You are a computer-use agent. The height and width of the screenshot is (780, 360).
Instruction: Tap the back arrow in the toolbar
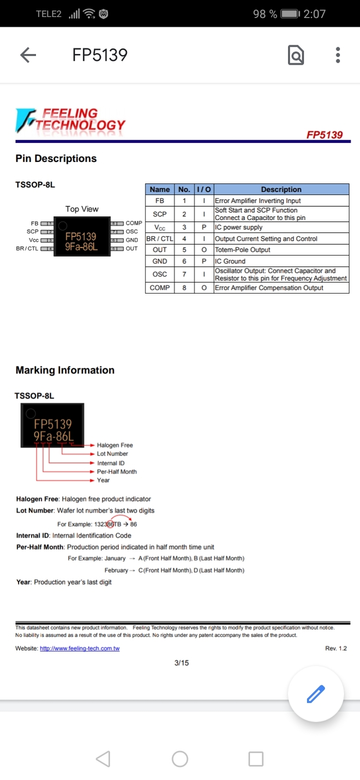28,55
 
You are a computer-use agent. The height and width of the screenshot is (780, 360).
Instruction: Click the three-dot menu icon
338,55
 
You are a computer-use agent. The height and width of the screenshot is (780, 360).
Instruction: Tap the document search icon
296,55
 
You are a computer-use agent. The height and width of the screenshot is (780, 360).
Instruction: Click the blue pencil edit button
315,694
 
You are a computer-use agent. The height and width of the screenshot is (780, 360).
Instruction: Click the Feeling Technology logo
70,120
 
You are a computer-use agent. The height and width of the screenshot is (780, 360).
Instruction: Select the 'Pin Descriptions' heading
56,158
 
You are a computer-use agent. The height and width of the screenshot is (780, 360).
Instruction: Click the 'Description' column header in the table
281,189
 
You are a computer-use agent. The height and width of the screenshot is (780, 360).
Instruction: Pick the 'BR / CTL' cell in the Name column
160,239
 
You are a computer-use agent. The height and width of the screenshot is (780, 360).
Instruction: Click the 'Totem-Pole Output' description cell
242,250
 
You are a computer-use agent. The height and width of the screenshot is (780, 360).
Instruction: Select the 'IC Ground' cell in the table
230,261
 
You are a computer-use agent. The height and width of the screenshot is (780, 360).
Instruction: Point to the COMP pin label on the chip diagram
134,223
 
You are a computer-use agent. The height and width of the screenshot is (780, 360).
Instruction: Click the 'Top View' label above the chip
82,209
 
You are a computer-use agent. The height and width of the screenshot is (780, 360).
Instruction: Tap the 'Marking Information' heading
65,370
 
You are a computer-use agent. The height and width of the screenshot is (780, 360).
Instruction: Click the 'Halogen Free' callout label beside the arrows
115,445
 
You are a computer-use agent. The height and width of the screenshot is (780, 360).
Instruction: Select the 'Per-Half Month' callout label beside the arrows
117,471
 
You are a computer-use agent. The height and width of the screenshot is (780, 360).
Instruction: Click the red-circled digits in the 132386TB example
110,524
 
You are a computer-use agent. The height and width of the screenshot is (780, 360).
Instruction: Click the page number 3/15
181,663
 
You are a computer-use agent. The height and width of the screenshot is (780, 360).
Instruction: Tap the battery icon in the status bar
291,14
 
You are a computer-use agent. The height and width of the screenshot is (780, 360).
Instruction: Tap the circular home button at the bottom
179,759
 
